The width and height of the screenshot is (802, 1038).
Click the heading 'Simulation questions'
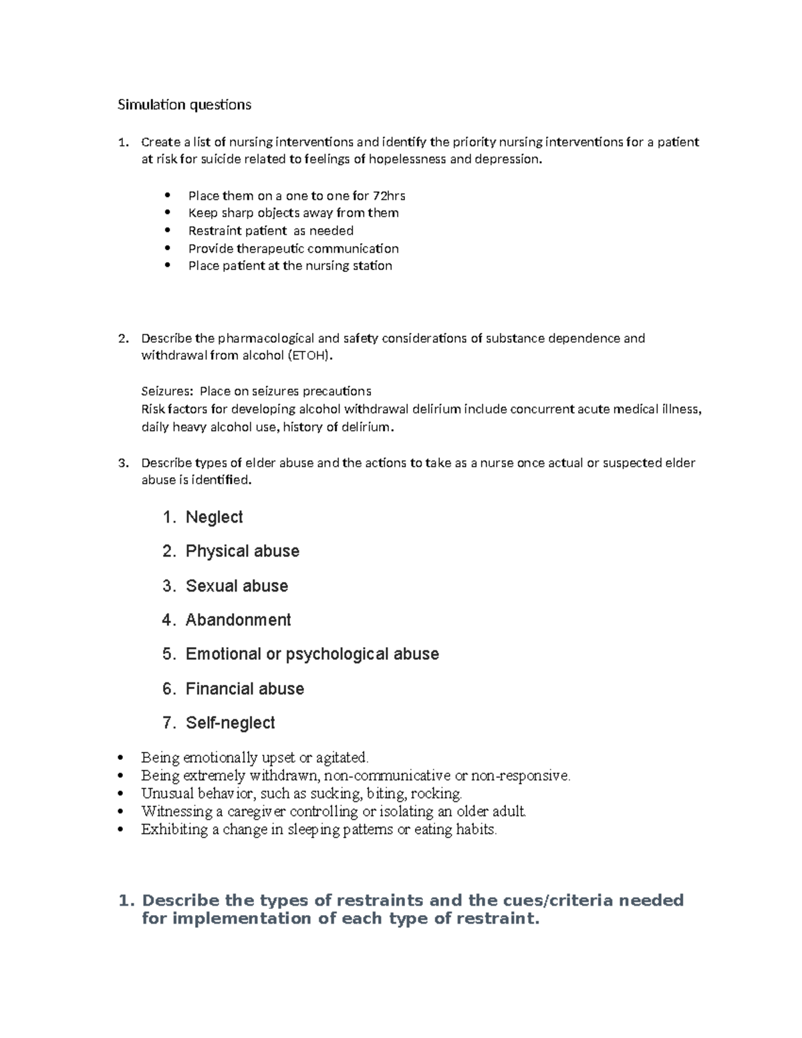click(x=184, y=105)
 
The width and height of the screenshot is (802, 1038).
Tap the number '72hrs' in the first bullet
click(x=389, y=196)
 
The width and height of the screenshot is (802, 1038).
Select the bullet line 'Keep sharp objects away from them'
click(x=293, y=213)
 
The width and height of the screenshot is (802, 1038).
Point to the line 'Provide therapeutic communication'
click(x=293, y=249)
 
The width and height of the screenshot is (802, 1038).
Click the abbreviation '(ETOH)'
click(x=308, y=356)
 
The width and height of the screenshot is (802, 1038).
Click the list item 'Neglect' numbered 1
click(x=214, y=517)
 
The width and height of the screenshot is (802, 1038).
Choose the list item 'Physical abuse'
click(x=242, y=551)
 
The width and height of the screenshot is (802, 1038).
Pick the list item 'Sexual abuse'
click(x=237, y=586)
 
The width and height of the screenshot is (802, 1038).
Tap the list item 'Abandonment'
click(x=238, y=620)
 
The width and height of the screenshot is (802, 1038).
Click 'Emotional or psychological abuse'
click(x=312, y=654)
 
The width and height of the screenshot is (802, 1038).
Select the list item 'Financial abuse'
click(x=245, y=689)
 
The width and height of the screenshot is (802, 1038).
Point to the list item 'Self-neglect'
click(x=230, y=723)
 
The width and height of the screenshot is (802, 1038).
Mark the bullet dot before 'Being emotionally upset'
click(x=120, y=758)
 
